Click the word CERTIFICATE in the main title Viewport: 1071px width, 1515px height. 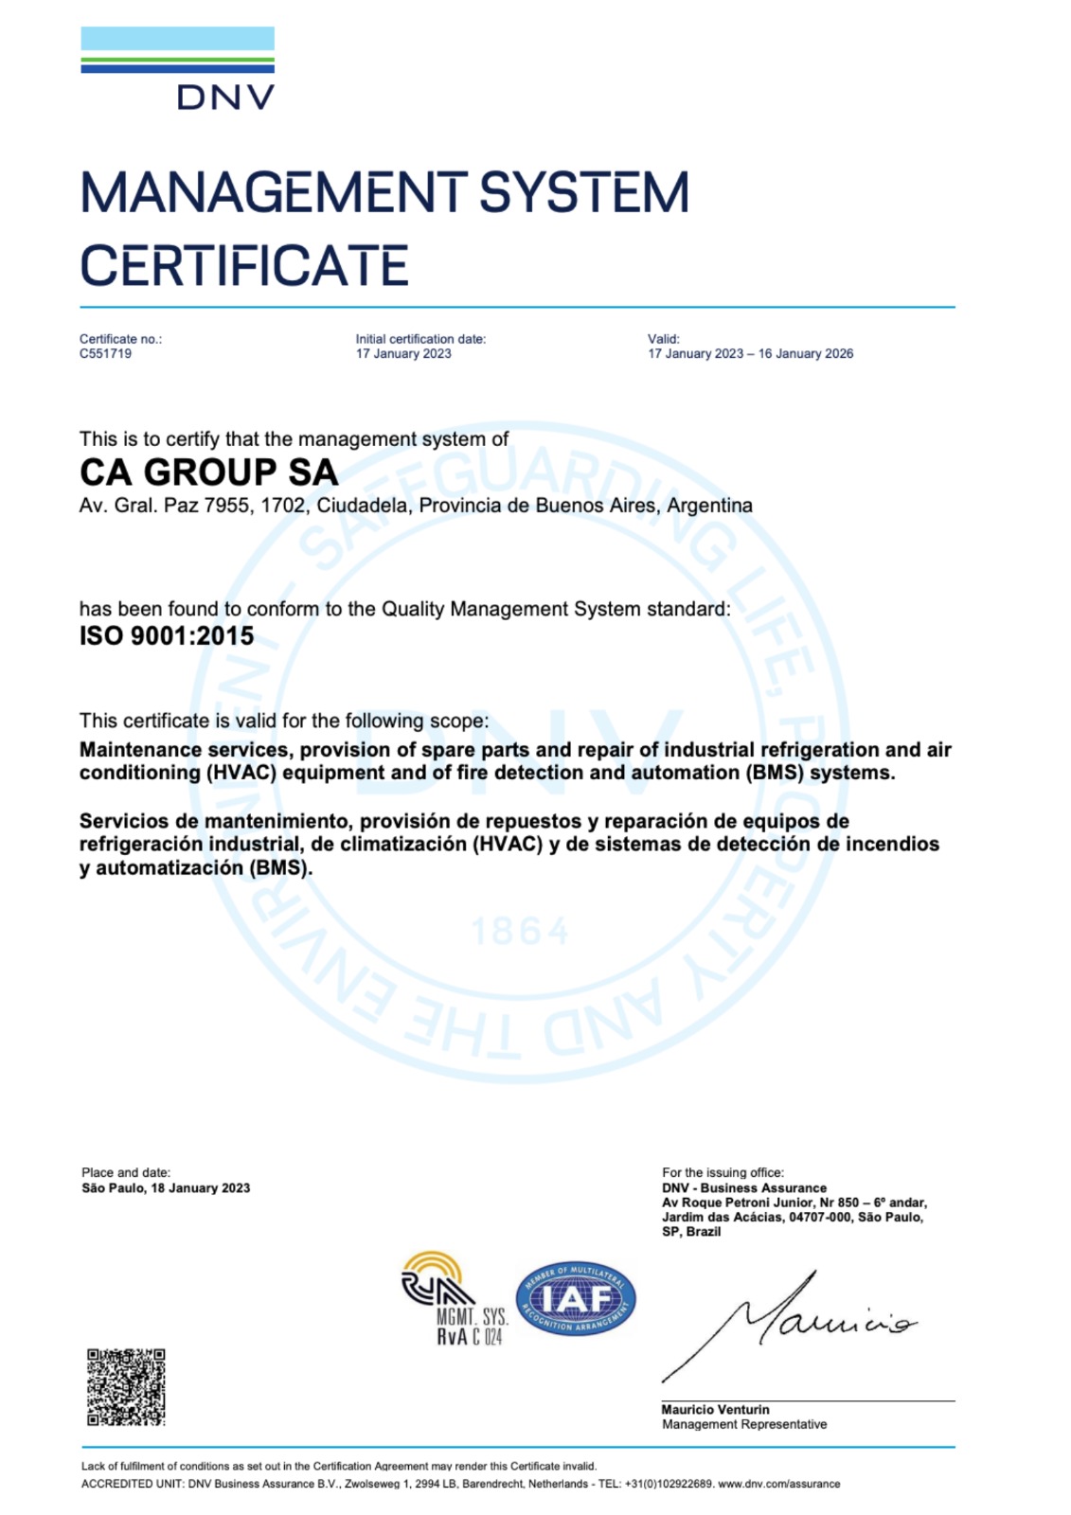[244, 266]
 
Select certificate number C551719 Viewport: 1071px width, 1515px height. [105, 354]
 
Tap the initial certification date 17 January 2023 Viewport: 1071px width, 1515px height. [403, 354]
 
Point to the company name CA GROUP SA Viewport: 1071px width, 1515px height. [208, 472]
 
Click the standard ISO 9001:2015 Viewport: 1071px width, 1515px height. [167, 636]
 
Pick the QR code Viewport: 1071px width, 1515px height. [126, 1387]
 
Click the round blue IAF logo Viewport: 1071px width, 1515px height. [576, 1299]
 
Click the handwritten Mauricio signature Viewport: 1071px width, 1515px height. [795, 1321]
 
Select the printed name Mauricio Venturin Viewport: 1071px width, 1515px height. [715, 1410]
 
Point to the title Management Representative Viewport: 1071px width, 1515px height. [744, 1425]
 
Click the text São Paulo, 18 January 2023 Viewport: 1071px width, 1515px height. [166, 1188]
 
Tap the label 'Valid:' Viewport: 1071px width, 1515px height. [663, 339]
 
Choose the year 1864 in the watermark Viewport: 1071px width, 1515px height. [520, 932]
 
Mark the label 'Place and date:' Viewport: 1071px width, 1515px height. [126, 1173]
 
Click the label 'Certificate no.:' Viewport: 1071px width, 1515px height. [120, 339]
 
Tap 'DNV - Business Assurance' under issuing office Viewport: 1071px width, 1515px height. [744, 1188]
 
